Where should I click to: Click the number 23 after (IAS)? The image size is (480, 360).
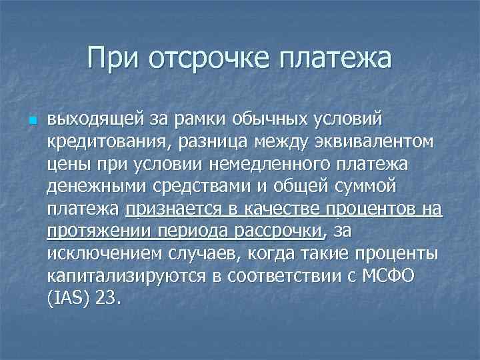[x=107, y=299]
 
